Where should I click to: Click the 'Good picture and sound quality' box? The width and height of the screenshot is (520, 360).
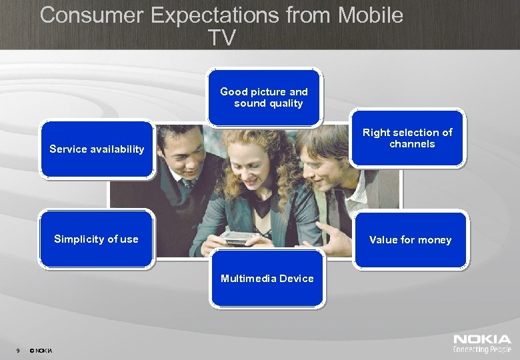(x=264, y=97)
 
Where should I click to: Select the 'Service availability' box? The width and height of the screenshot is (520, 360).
(x=97, y=149)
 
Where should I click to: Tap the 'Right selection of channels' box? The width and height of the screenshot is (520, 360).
(x=407, y=138)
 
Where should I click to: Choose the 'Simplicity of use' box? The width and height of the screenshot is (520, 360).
(x=96, y=239)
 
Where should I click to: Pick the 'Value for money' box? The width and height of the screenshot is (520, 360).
(x=410, y=240)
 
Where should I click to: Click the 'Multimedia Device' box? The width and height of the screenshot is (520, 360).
(x=267, y=279)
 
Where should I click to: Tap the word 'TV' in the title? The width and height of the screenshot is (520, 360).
(x=221, y=37)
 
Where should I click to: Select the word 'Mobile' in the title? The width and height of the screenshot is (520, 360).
(x=371, y=15)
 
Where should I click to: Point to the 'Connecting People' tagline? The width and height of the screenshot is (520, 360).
(x=482, y=349)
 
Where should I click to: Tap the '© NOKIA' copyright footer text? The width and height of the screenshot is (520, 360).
(x=41, y=351)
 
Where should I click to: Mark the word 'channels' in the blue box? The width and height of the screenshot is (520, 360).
(x=412, y=144)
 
